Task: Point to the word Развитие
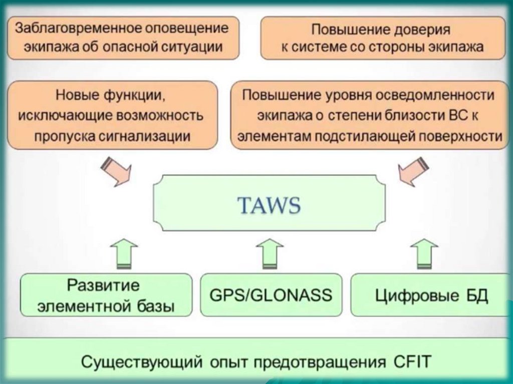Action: tap(103, 286)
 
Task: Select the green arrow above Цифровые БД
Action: tap(424, 253)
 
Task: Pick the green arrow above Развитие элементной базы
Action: tap(123, 253)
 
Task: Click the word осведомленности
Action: tap(436, 95)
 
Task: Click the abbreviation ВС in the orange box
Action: tap(456, 116)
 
